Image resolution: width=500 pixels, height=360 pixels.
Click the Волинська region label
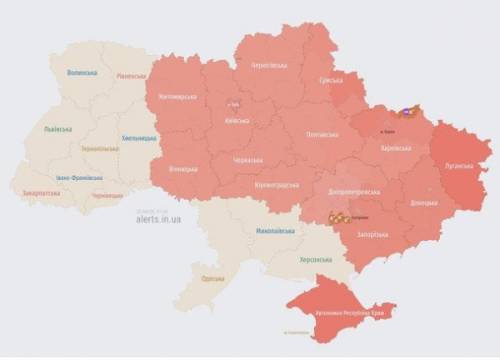tap(82, 73)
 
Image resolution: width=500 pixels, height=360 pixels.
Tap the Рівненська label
tap(132, 76)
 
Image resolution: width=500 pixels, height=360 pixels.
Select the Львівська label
tap(57, 129)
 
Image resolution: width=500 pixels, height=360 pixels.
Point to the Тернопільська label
tap(100, 149)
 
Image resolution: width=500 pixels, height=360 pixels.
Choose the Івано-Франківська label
tap(79, 177)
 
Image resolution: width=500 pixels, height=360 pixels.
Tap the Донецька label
tap(426, 202)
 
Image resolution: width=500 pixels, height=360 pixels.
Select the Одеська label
tap(207, 278)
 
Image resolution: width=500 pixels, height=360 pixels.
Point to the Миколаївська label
tap(274, 231)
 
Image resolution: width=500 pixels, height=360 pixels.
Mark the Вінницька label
tap(182, 169)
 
